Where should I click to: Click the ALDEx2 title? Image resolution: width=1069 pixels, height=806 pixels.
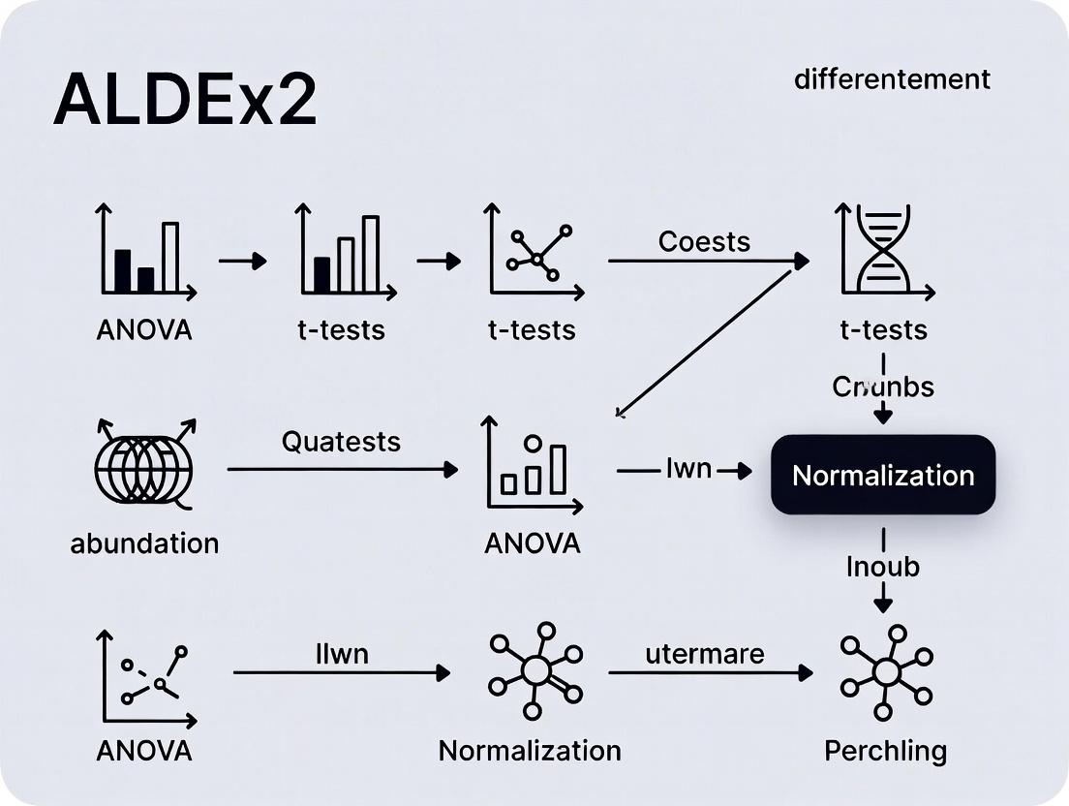(x=185, y=100)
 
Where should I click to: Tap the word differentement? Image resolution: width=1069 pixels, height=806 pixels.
(x=892, y=79)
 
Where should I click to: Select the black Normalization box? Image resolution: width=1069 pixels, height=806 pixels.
(x=882, y=475)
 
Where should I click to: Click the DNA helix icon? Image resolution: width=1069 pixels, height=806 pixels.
(x=884, y=249)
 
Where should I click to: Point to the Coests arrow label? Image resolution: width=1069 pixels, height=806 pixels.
(x=704, y=241)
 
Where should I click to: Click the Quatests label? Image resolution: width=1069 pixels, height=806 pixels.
(x=341, y=442)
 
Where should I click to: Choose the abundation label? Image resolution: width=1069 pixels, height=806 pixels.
(x=144, y=542)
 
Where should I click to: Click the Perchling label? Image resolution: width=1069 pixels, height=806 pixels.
(x=885, y=751)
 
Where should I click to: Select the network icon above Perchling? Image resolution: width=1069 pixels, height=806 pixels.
(x=885, y=671)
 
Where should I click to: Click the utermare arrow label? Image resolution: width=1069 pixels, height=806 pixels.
(x=704, y=654)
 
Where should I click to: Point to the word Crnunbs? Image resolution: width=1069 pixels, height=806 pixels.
(x=883, y=387)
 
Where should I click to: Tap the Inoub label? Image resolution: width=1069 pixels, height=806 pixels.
(x=882, y=566)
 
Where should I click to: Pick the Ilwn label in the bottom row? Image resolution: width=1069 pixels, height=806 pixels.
(x=342, y=654)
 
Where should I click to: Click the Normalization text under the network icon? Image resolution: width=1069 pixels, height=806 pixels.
(x=530, y=751)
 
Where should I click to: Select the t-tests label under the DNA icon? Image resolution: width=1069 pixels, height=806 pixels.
(x=883, y=329)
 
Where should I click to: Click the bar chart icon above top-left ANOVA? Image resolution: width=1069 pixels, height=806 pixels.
(x=145, y=251)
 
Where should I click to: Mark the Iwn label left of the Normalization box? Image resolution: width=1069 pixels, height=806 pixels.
(x=688, y=470)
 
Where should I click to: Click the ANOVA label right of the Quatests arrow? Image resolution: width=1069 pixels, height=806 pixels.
(x=532, y=542)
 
